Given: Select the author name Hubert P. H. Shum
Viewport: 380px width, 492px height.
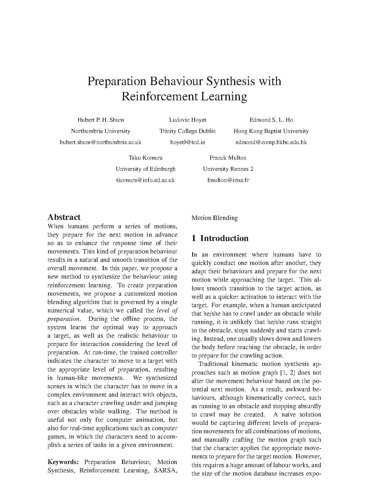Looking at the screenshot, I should coord(101,120).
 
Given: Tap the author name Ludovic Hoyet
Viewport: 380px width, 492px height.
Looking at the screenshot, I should coord(188,120).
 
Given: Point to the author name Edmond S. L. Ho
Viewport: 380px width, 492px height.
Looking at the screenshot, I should coord(271,120).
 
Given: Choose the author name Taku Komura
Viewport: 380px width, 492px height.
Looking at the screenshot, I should coord(146,158).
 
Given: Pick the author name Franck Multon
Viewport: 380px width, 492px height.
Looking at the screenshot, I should coord(228,158).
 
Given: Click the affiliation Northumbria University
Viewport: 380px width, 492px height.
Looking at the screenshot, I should coord(101,131).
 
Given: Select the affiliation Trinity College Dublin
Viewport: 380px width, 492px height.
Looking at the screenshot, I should coord(188,131).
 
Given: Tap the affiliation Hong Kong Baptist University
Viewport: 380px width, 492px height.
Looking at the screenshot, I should coord(271,131).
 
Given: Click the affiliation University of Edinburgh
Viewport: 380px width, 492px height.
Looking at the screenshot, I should coord(146,169).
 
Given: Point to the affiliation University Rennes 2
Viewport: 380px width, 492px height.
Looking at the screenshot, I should coord(228,169).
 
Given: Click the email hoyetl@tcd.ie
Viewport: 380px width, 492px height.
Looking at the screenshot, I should coord(188,142).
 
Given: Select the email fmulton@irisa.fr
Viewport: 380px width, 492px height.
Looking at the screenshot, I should coord(228,180).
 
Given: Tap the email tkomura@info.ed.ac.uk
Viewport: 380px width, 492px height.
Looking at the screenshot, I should coord(146,180).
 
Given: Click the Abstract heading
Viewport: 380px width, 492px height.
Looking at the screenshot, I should coord(64,217).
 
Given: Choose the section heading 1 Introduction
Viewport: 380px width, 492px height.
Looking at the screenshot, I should coord(220,238).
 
